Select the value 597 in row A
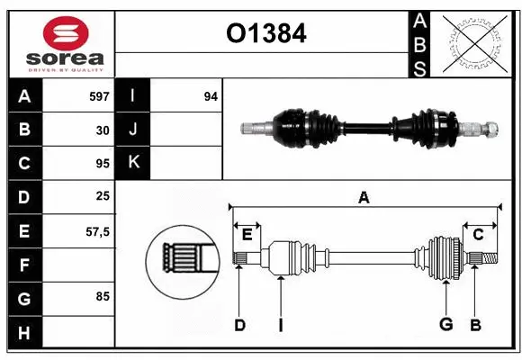(99, 95)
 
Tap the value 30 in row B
(103, 130)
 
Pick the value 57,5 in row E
(97, 231)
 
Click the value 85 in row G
(103, 294)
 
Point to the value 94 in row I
(210, 95)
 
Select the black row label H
(24, 333)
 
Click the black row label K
(134, 163)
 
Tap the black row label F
(24, 265)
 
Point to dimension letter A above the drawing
(364, 197)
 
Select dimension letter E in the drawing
(247, 234)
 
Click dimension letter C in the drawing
(478, 234)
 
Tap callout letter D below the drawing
(239, 325)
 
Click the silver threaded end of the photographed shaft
(481, 129)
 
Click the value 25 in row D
(103, 197)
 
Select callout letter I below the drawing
(281, 325)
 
